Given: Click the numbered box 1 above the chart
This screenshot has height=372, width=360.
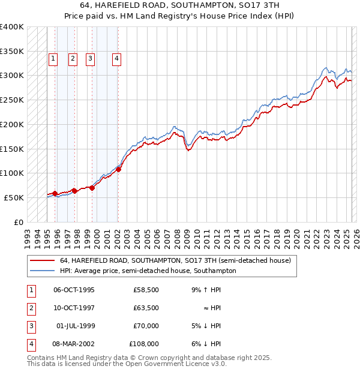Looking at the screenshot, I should tap(53, 59).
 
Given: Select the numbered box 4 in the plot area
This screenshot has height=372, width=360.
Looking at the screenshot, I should tap(116, 59).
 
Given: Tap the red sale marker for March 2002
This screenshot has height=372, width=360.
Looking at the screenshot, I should tap(118, 169).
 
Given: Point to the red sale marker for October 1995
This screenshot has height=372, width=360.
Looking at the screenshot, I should tap(55, 193).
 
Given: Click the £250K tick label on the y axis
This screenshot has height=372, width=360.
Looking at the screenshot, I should tap(12, 100).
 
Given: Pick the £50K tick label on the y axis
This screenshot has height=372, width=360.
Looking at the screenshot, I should tap(14, 197).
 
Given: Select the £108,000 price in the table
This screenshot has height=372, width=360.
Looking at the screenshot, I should tap(144, 344).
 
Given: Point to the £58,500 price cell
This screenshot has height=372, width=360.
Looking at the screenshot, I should tap(146, 290).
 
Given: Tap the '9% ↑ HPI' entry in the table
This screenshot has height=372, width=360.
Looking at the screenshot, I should tap(205, 290).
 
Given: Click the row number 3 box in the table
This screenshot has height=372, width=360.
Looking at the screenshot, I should tap(30, 326).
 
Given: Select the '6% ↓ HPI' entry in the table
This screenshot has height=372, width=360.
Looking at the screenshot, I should tap(205, 344).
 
